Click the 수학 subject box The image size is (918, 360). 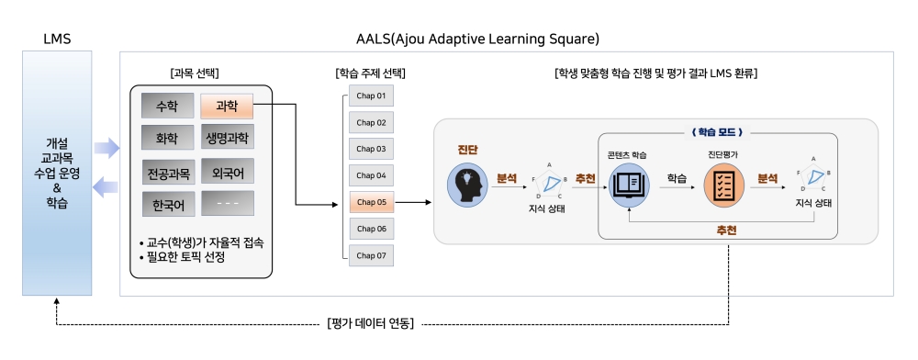[x=167, y=106]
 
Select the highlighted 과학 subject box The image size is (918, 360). [x=227, y=106]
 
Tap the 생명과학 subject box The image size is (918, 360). [x=227, y=138]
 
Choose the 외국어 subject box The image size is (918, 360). [x=228, y=171]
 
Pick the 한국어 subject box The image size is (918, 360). [x=169, y=204]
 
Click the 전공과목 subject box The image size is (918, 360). [x=169, y=172]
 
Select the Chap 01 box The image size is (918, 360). [x=371, y=96]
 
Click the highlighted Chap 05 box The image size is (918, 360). [x=371, y=202]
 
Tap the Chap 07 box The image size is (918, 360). [x=371, y=255]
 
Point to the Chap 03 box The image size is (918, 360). [x=371, y=149]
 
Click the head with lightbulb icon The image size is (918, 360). [x=468, y=184]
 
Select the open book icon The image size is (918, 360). [x=630, y=185]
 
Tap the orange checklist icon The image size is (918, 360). [x=723, y=185]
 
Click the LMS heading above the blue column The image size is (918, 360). [x=57, y=39]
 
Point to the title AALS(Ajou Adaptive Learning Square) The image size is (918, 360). [x=477, y=39]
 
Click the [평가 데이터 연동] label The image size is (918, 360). [x=370, y=323]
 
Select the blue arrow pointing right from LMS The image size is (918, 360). [x=106, y=148]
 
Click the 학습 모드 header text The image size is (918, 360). [x=717, y=132]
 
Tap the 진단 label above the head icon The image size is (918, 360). [x=468, y=150]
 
